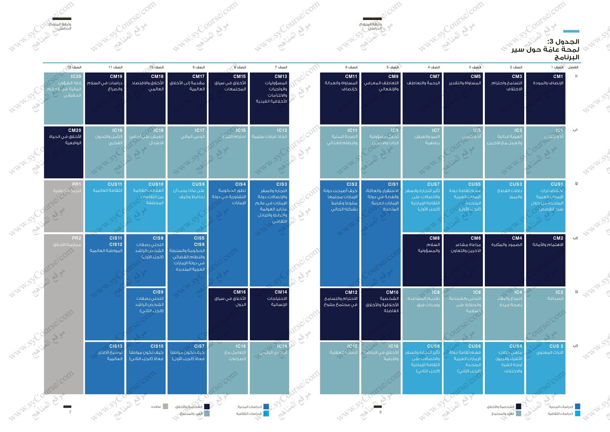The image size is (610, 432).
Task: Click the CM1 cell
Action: click(546, 98)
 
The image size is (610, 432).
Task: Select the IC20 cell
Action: click(63, 98)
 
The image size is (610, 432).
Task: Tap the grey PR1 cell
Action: click(63, 206)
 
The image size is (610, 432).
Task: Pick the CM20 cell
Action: click(63, 152)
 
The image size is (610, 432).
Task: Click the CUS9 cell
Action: click(187, 206)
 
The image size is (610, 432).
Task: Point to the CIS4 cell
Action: click(228, 233)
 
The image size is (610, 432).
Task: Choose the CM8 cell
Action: click(422, 260)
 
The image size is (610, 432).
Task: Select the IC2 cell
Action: click(546, 314)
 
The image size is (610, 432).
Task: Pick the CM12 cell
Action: click(339, 314)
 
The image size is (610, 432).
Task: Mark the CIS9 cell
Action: click(146, 314)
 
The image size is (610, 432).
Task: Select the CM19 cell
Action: click(104, 98)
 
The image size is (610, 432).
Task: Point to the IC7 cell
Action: click(422, 152)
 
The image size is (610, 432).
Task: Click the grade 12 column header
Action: click(74, 67)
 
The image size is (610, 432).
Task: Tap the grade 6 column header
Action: click(351, 67)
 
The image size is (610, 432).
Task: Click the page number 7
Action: click(70, 412)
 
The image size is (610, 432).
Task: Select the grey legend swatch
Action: click(165, 406)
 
